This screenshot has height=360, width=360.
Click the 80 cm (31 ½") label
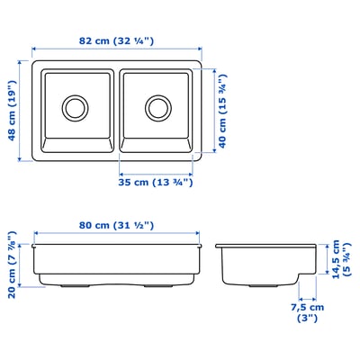click(x=116, y=226)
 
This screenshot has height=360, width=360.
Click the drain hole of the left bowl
click(x=74, y=108)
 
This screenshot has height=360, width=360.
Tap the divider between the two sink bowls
click(x=117, y=108)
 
